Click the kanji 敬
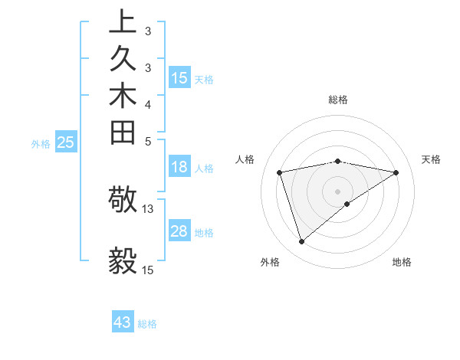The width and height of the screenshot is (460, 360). tap(123, 201)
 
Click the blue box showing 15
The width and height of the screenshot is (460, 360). tap(179, 78)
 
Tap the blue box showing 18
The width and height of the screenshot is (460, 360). tap(179, 168)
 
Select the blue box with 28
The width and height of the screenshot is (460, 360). tap(179, 231)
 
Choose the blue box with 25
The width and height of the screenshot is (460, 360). tap(66, 142)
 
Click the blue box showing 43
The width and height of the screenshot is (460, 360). tap(123, 322)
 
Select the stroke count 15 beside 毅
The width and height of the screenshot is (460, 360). tap(148, 270)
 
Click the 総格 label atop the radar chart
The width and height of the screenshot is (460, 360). tap(338, 100)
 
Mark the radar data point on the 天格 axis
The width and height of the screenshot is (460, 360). tap(396, 172)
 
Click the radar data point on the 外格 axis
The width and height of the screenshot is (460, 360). tap(301, 242)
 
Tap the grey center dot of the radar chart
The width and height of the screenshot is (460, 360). tap(338, 191)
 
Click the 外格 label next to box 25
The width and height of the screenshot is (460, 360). tap(41, 143)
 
